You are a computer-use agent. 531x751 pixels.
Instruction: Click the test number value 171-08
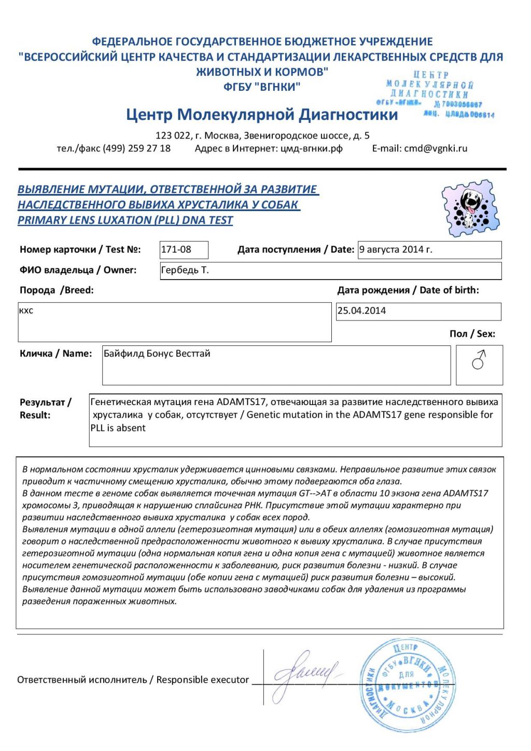click(x=176, y=249)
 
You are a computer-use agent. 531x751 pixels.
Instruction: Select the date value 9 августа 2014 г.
click(x=396, y=249)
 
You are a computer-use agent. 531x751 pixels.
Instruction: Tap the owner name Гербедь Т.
click(x=185, y=270)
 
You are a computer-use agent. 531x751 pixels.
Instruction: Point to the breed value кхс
click(x=26, y=311)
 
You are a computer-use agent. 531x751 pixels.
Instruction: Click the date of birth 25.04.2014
click(x=361, y=311)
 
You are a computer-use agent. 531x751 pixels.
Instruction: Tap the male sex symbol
click(x=479, y=359)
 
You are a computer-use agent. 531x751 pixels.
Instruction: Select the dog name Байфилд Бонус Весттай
click(x=157, y=354)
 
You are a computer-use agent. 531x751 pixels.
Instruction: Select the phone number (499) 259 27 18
click(x=136, y=148)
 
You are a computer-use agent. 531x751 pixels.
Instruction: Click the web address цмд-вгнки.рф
click(x=311, y=148)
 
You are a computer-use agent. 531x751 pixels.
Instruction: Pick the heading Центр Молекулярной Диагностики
click(x=262, y=115)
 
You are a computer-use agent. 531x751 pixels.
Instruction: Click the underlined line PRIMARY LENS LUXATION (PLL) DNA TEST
click(x=125, y=220)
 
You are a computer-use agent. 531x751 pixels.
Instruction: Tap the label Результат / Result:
click(x=45, y=409)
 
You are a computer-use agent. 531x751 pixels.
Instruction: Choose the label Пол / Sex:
click(x=472, y=334)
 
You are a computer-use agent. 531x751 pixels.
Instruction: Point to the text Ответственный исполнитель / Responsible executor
click(x=133, y=680)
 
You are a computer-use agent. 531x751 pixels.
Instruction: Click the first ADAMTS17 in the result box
click(x=241, y=402)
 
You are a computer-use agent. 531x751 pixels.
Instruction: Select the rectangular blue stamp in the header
click(x=436, y=95)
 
